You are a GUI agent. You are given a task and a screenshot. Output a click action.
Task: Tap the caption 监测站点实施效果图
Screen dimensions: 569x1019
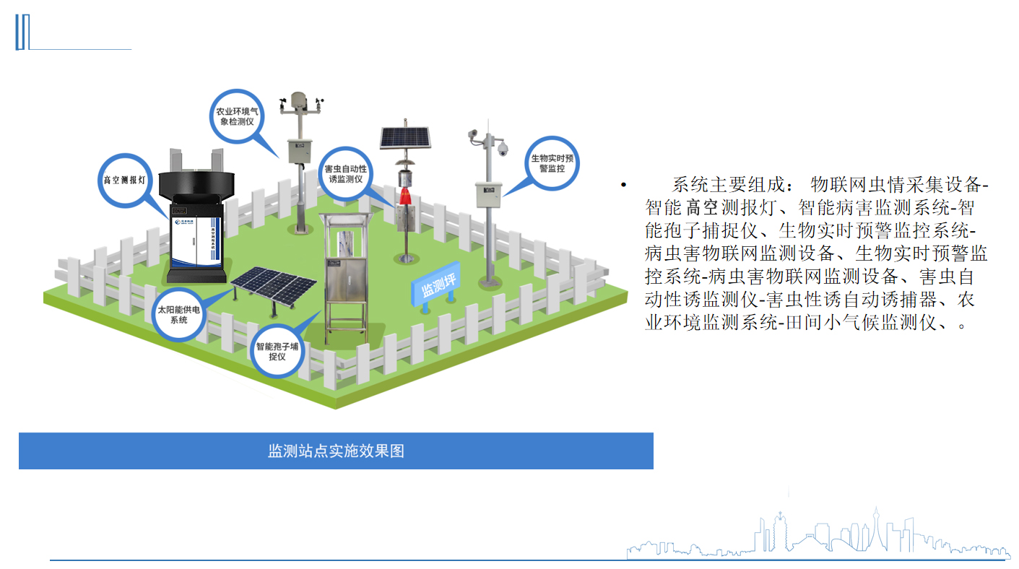(336, 451)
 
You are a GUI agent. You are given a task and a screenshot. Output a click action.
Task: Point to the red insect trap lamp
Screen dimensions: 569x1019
(405, 196)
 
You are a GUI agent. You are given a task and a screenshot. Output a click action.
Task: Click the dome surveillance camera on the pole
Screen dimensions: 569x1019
(503, 148)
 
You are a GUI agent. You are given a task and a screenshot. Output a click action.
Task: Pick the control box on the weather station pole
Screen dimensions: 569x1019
(298, 150)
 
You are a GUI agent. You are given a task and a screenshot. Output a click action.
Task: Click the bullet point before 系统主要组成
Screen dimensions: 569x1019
(621, 186)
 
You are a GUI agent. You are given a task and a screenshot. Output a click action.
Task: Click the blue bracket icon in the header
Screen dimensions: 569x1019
(22, 32)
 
